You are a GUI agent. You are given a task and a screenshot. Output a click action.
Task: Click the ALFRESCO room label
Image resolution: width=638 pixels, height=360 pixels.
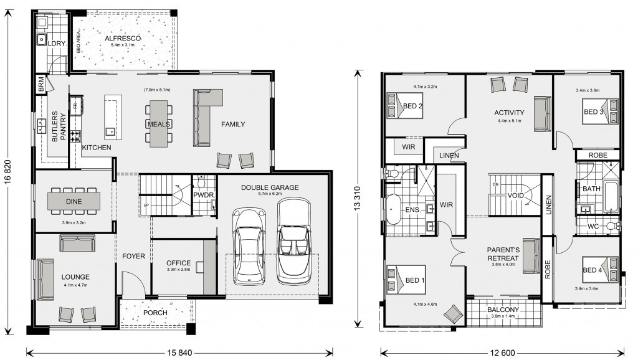(123, 39)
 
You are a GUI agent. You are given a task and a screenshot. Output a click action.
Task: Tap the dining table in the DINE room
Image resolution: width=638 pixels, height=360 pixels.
(74, 201)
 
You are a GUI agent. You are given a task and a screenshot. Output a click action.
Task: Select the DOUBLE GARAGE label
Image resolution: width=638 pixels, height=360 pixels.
(270, 187)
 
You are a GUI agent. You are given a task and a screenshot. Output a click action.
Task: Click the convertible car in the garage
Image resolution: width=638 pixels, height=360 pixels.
(294, 241)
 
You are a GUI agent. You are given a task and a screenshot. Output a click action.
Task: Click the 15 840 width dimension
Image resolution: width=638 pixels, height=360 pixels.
(179, 353)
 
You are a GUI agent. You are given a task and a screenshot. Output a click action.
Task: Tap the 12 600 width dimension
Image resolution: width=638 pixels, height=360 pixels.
(503, 353)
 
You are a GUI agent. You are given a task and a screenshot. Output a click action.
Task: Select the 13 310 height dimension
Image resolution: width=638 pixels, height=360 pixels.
(357, 198)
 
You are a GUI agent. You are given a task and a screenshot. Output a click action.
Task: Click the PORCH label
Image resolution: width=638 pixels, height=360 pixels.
(155, 313)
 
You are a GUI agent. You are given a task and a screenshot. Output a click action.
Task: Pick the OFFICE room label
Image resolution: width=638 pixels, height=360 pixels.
(178, 263)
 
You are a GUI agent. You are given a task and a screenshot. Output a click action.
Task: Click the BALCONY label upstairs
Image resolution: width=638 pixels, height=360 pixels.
(503, 310)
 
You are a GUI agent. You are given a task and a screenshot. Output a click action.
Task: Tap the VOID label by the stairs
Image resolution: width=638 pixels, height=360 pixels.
(515, 196)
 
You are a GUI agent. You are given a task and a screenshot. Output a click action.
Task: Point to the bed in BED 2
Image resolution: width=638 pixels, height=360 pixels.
(405, 106)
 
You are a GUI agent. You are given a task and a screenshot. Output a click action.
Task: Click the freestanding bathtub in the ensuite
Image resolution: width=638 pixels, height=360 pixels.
(392, 209)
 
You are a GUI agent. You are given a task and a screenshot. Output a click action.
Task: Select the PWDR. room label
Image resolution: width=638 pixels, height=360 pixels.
(204, 195)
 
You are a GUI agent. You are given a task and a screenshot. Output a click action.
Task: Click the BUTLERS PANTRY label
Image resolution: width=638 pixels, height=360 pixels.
(59, 126)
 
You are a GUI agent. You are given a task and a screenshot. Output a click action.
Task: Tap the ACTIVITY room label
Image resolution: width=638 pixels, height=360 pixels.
(509, 113)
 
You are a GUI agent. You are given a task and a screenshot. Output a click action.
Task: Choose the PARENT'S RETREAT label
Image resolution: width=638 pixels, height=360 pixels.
(503, 254)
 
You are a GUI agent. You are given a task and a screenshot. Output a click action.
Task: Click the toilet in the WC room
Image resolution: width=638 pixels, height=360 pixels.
(612, 226)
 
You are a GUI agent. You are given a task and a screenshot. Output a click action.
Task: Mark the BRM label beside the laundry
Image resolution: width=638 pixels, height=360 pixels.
(40, 85)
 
